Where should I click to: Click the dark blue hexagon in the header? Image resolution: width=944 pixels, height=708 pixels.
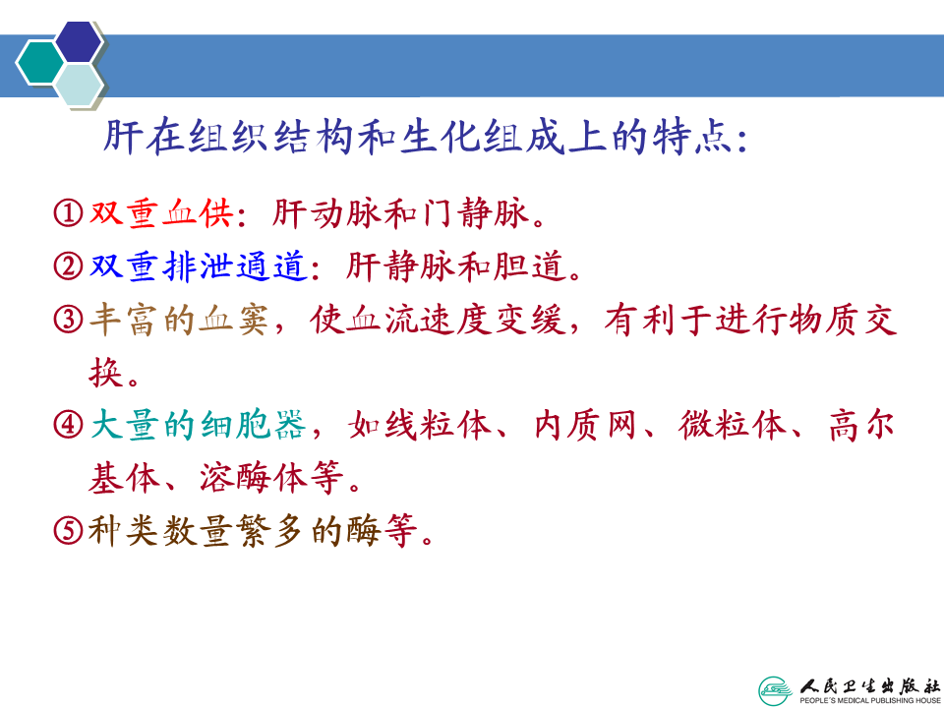click(79, 41)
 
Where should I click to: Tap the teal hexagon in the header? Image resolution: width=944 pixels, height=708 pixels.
click(40, 63)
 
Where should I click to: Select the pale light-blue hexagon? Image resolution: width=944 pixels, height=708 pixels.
click(79, 85)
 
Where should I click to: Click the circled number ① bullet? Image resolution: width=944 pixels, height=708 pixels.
click(68, 213)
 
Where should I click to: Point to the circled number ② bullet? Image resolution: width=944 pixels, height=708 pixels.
click(68, 266)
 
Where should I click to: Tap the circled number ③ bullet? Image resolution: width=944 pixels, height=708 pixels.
click(68, 319)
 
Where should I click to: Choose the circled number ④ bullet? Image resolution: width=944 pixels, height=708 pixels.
click(68, 425)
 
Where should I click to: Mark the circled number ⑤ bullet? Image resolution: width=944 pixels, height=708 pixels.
click(68, 531)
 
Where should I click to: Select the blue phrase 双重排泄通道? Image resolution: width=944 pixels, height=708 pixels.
click(199, 266)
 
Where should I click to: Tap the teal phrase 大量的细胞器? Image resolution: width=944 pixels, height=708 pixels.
click(199, 425)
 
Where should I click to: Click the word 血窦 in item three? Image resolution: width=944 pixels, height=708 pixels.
click(234, 319)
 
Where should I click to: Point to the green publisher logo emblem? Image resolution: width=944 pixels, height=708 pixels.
click(776, 690)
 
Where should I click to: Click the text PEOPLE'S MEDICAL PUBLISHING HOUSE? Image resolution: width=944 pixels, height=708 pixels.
click(869, 701)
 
